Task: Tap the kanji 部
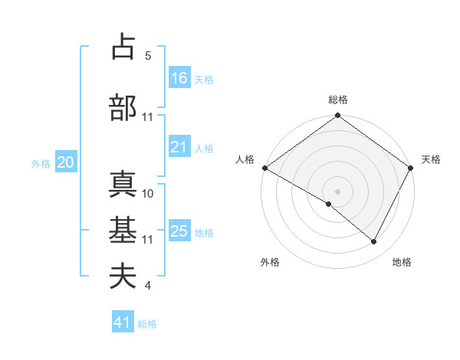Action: tap(123, 108)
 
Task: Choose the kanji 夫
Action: tap(123, 277)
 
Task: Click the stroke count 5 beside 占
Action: tap(147, 56)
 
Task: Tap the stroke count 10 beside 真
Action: tap(148, 194)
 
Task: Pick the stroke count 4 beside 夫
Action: tap(147, 286)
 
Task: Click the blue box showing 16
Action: tap(179, 77)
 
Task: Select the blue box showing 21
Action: tap(179, 147)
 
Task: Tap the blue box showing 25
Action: tap(179, 231)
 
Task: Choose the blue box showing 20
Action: tap(65, 162)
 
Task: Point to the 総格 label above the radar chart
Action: tap(338, 100)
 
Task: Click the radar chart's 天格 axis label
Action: tap(431, 159)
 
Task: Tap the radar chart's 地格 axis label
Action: tap(402, 262)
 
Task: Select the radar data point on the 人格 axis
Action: tap(264, 168)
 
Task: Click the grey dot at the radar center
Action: tap(338, 191)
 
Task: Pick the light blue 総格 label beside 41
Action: tap(147, 324)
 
